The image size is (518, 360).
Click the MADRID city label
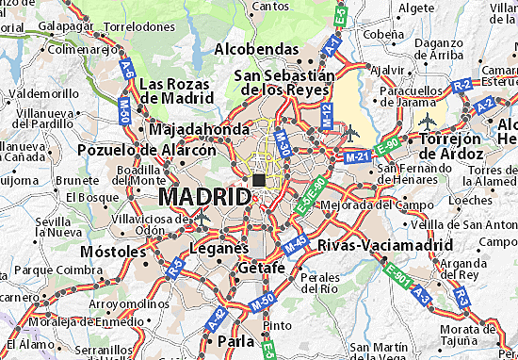(x=205, y=197)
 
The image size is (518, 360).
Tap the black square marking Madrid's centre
(x=258, y=180)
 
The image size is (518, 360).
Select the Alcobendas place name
(x=257, y=48)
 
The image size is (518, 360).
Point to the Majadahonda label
(x=199, y=128)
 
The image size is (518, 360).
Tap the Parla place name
(x=235, y=339)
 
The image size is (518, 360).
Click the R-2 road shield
(x=461, y=85)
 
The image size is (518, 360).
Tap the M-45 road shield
(x=296, y=243)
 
